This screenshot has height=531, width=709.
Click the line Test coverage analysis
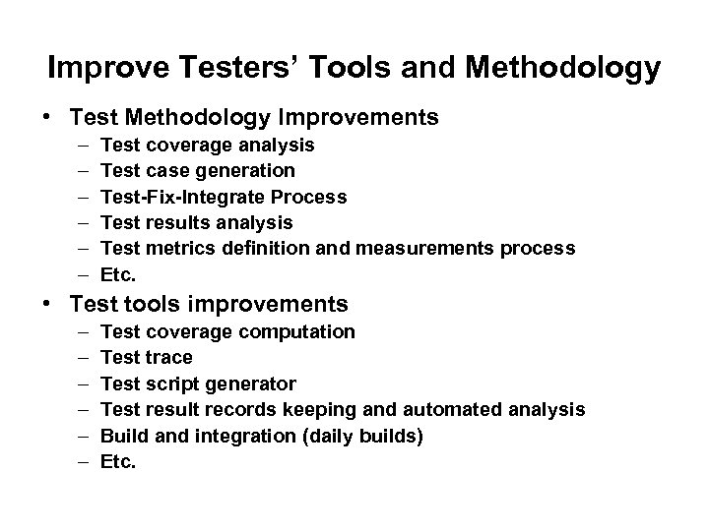point(208,146)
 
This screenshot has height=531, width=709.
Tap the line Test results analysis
point(197,222)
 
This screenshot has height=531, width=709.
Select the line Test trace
point(147,357)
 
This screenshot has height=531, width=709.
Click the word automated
point(456,408)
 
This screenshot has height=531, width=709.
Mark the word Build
point(123,435)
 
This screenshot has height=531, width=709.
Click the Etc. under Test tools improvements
point(119,460)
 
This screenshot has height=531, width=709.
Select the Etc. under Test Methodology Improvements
point(119,273)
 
